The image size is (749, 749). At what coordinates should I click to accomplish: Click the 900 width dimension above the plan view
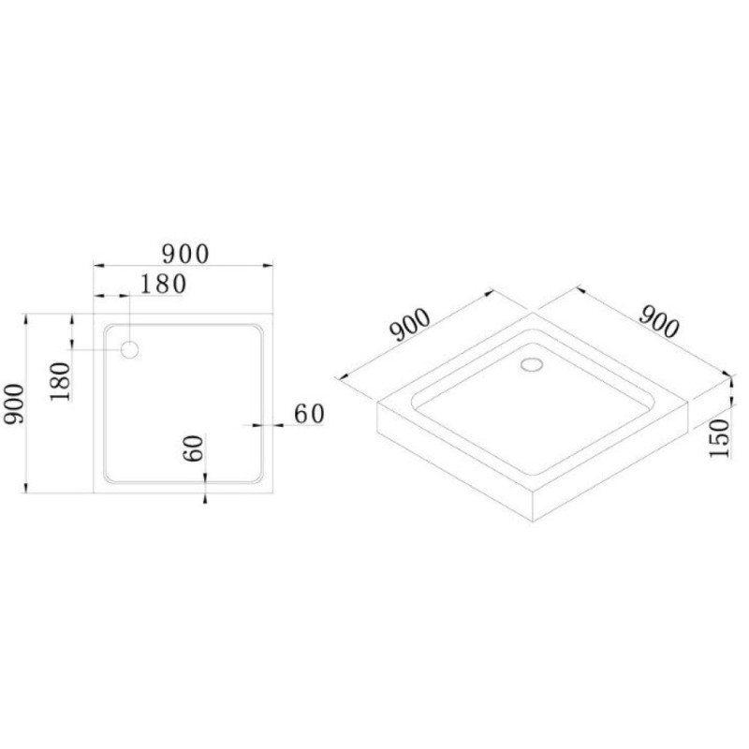pyautogui.click(x=185, y=254)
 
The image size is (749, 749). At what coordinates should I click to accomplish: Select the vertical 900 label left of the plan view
pyautogui.click(x=14, y=404)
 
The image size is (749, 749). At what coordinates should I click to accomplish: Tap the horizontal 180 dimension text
pyautogui.click(x=163, y=285)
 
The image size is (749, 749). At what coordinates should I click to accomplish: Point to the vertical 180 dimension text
pyautogui.click(x=60, y=381)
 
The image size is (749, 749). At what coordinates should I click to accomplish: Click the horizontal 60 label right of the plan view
pyautogui.click(x=309, y=414)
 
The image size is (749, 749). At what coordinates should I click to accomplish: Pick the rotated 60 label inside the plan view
pyautogui.click(x=193, y=448)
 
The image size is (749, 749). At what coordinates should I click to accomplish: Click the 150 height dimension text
pyautogui.click(x=719, y=438)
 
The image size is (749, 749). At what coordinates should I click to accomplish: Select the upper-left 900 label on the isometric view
pyautogui.click(x=411, y=325)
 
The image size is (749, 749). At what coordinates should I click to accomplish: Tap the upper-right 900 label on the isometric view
pyautogui.click(x=659, y=321)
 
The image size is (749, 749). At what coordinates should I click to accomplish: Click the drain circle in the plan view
pyautogui.click(x=129, y=350)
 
